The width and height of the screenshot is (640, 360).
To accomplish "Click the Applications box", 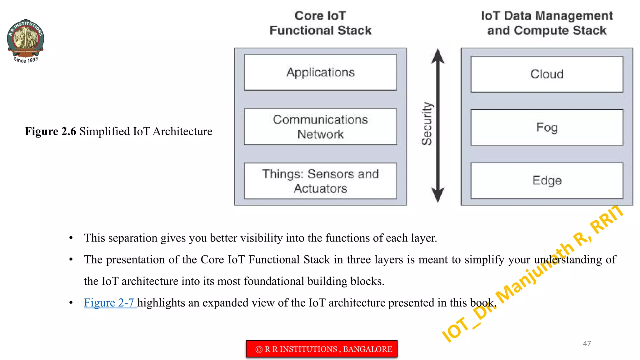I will (320, 72).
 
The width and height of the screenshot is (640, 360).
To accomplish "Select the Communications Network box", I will (320, 127).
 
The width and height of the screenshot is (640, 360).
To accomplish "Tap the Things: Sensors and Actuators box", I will (320, 181).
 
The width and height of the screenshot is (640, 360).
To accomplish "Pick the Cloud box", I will (547, 74).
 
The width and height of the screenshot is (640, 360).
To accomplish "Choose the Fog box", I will (547, 127).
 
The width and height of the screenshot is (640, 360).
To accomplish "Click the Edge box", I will (547, 180).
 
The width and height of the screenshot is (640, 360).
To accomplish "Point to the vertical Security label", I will (427, 124).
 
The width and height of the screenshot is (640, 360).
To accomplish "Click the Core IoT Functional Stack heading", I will (320, 23).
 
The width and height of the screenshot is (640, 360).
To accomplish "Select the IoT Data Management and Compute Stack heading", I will (547, 23).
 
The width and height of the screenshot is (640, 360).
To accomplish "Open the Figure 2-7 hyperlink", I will (109, 302).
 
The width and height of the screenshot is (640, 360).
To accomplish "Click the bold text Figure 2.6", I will (50, 131).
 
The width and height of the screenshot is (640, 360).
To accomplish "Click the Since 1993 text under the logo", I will (26, 60).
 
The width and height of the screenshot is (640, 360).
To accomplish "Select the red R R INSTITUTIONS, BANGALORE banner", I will (322, 349).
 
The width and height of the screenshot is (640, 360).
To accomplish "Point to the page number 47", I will (587, 343).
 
